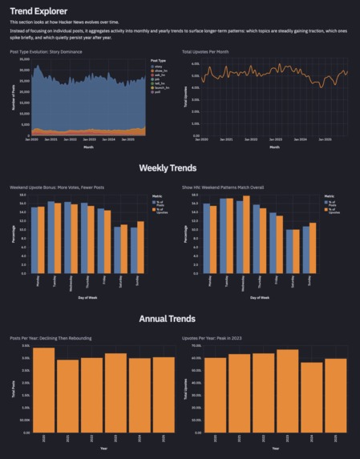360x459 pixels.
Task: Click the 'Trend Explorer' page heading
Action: click(x=38, y=10)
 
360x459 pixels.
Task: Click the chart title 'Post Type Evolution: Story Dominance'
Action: click(x=49, y=50)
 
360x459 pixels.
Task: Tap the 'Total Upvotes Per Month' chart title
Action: click(x=210, y=50)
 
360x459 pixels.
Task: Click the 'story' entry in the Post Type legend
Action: click(x=159, y=66)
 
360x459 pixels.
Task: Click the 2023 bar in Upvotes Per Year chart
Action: click(x=288, y=390)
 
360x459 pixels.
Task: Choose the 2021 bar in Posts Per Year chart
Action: click(x=68, y=396)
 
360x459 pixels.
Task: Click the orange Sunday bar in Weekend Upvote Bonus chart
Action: click(x=140, y=247)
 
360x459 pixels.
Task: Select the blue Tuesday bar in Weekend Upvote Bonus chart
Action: click(x=51, y=237)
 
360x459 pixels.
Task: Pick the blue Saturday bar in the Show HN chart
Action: click(x=290, y=252)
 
